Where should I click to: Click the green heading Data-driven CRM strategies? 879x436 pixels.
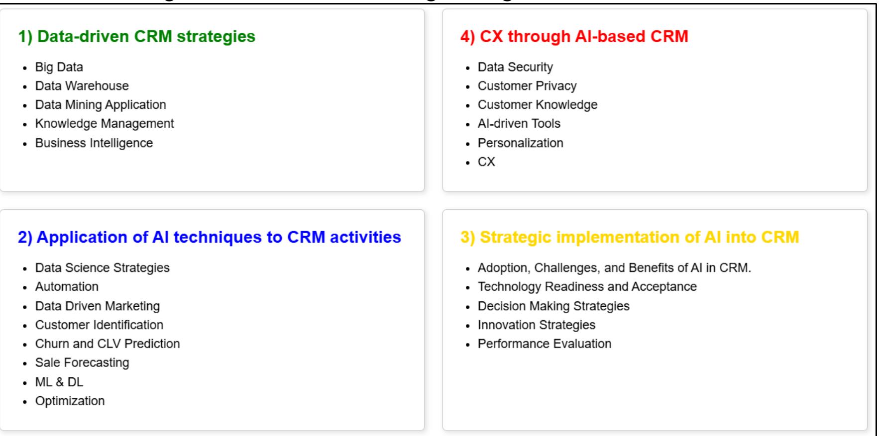(x=137, y=36)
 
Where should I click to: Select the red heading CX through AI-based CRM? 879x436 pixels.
(x=574, y=36)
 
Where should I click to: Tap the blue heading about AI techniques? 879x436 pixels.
(x=210, y=237)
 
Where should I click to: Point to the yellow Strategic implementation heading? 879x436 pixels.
(x=630, y=237)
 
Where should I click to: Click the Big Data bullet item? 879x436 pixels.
(x=59, y=67)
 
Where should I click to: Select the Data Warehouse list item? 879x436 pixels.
(x=82, y=86)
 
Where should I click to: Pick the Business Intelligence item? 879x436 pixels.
(x=94, y=143)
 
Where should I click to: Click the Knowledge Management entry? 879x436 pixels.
(x=105, y=124)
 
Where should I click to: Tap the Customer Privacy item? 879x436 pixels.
(x=527, y=86)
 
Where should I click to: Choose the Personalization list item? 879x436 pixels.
(x=520, y=143)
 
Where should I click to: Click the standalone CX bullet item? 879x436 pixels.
(x=486, y=162)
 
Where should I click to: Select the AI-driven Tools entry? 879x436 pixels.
(x=519, y=124)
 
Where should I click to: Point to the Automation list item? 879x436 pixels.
(x=67, y=287)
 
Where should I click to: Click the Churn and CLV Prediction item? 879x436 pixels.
(x=107, y=344)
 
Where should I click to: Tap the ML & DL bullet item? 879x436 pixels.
(x=59, y=382)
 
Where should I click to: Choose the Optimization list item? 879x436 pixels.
(x=70, y=401)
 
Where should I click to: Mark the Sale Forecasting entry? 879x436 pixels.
(x=82, y=363)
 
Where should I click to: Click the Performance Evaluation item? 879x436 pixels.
(x=544, y=344)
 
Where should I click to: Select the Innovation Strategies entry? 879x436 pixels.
(x=536, y=325)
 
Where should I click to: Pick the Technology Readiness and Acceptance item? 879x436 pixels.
(x=587, y=287)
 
